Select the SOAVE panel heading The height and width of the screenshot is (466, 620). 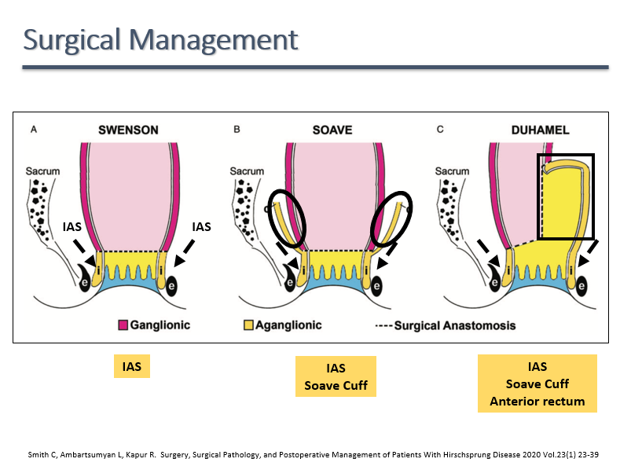click(332, 130)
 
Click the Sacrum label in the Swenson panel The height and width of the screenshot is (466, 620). click(43, 171)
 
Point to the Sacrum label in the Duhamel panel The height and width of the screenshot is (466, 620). click(452, 171)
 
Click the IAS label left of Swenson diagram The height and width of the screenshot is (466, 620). click(72, 226)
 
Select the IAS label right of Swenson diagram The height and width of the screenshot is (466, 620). click(202, 226)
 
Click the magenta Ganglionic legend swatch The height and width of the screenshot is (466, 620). click(123, 325)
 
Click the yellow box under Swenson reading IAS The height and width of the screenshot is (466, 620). click(131, 366)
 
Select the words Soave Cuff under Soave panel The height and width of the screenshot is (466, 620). click(336, 386)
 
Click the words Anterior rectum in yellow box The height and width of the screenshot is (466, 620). click(537, 402)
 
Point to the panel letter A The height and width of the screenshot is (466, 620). click(33, 129)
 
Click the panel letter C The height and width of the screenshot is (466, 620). click(439, 129)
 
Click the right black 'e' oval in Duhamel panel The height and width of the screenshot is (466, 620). click(581, 286)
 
